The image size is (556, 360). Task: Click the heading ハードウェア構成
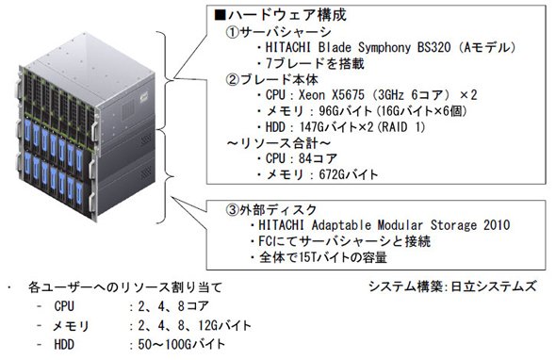tap(287, 15)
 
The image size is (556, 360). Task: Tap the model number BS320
tap(433, 47)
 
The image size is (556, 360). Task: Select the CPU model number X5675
tap(348, 94)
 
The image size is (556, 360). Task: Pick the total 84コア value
tap(318, 158)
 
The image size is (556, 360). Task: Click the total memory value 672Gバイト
tap(349, 174)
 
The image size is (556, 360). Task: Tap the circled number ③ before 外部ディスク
tap(233, 210)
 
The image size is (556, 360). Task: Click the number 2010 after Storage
tap(497, 225)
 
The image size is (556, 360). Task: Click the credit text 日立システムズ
tap(493, 286)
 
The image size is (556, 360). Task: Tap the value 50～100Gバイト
tap(182, 344)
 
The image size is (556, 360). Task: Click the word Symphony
tap(384, 47)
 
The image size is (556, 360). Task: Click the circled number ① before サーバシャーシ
tap(233, 32)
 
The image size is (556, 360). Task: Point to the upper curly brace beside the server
tap(166, 80)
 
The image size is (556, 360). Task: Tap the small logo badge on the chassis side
tap(143, 96)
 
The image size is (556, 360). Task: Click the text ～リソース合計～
tap(278, 142)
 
